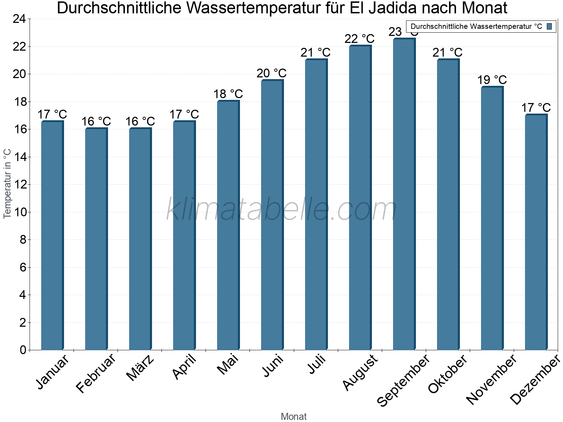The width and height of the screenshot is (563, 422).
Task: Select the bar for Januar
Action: click(x=52, y=236)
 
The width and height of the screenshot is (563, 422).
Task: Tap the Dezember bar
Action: click(x=536, y=232)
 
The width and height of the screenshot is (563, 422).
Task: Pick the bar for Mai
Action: click(x=228, y=225)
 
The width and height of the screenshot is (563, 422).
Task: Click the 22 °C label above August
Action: click(x=360, y=39)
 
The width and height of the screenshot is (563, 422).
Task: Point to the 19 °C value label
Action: click(x=492, y=80)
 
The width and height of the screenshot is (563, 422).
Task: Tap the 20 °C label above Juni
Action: click(x=272, y=73)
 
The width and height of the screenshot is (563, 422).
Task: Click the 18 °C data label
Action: click(x=228, y=94)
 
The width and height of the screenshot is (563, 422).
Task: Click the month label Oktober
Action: click(x=448, y=374)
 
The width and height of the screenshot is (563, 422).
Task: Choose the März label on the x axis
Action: click(x=140, y=368)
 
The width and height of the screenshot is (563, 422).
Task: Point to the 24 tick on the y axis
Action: click(x=19, y=19)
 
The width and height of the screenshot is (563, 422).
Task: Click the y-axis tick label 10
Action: click(x=19, y=212)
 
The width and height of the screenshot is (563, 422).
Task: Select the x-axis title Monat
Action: click(x=294, y=417)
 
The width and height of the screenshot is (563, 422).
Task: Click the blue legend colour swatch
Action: click(x=550, y=26)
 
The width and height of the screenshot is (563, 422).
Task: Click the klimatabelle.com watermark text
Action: click(x=281, y=210)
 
